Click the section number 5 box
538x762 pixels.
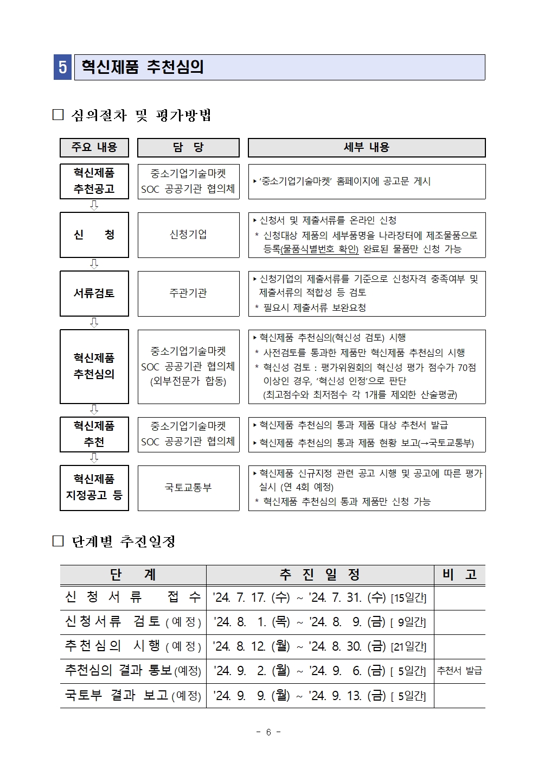pos(62,67)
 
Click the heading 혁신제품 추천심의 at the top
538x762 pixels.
pos(143,67)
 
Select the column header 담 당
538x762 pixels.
pos(188,147)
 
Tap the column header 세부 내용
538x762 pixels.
pos(367,147)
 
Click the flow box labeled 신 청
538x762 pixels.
pos(94,235)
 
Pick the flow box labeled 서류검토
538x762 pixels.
pos(94,293)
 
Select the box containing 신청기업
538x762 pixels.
pos(188,235)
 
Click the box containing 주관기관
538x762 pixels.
pos(188,293)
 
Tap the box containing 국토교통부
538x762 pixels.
pos(188,488)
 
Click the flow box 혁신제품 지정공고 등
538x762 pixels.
pos(94,488)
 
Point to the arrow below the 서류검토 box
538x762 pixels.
pos(94,323)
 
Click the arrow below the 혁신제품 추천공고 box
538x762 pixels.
pos(94,205)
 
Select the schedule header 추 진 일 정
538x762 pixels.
pos(319,575)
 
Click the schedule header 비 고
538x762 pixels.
pos(459,575)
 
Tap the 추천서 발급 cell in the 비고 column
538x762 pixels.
pos(459,671)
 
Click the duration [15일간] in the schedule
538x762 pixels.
pos(408,598)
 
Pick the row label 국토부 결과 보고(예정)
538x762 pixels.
pos(133,695)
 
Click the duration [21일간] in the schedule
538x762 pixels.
pos(408,647)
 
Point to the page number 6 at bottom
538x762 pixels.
pos(268,732)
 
